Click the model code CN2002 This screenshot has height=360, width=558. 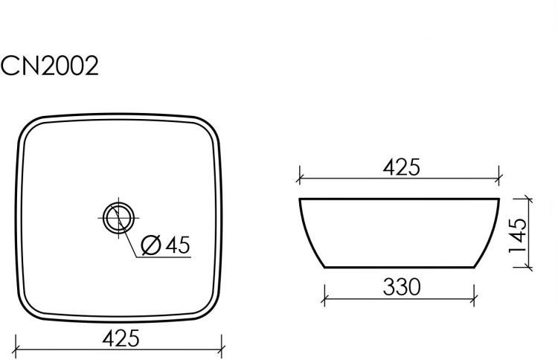(x=50, y=67)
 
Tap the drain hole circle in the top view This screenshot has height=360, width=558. (x=118, y=218)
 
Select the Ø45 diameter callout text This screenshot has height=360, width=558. (x=166, y=243)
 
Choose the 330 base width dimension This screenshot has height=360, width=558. (x=401, y=286)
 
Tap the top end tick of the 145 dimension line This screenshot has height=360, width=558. (x=528, y=199)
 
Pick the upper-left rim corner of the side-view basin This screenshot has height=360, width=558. (x=301, y=199)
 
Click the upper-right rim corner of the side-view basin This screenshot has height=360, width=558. (x=498, y=199)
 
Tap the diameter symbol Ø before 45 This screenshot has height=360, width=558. (x=148, y=244)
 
